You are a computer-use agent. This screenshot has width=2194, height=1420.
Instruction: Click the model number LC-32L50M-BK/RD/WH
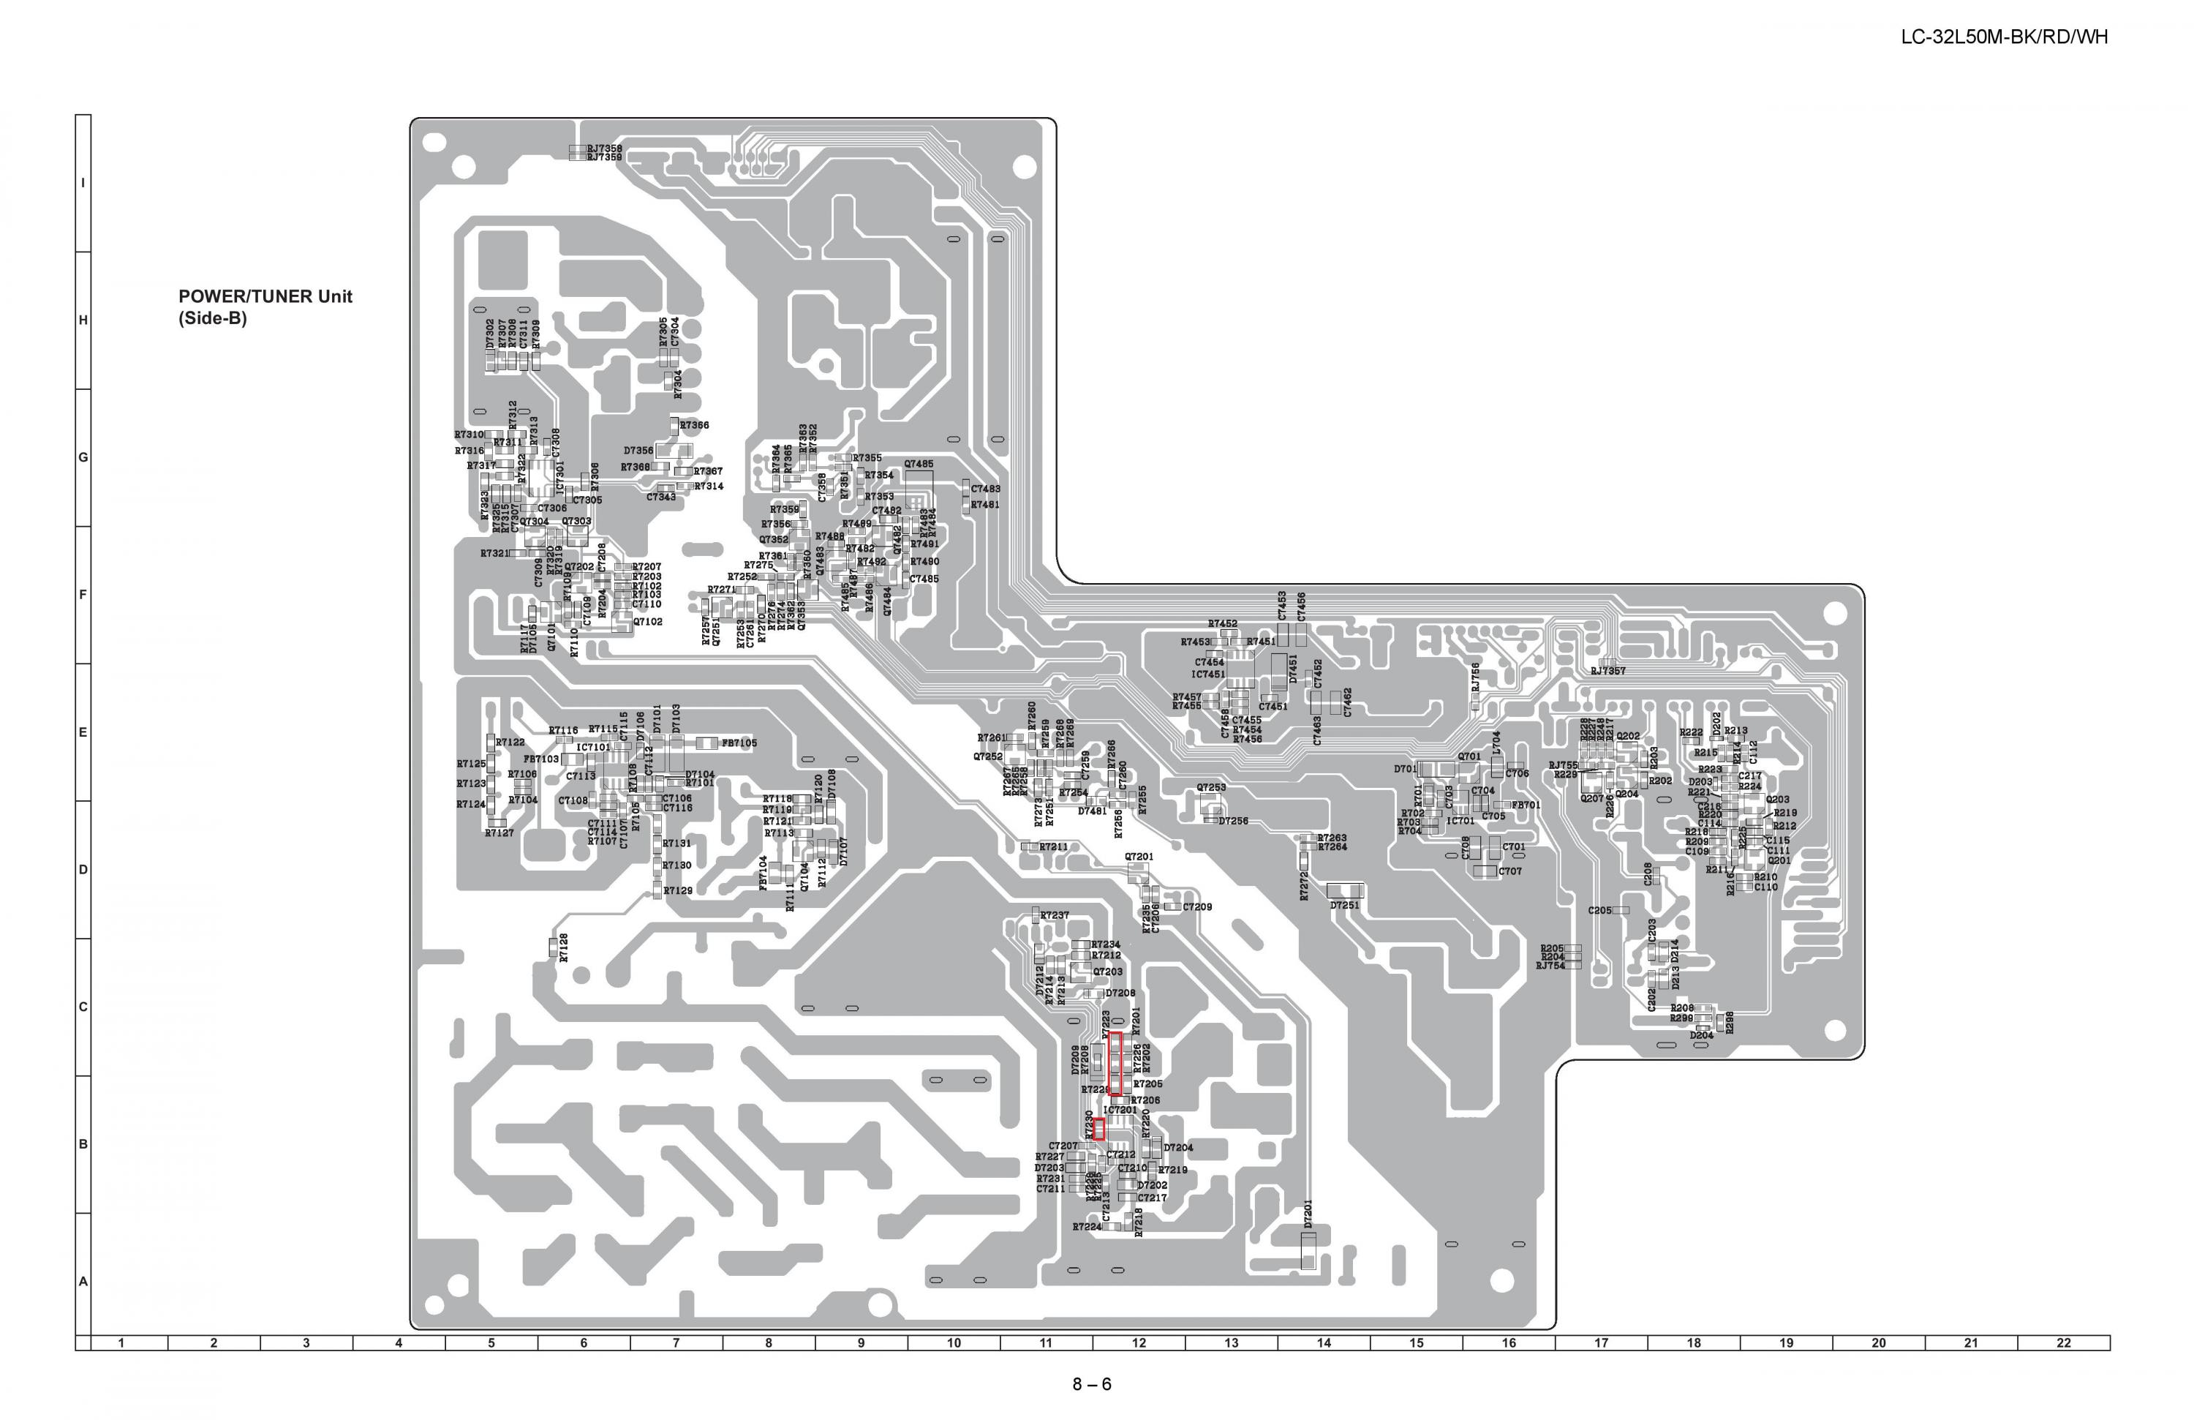coord(2004,37)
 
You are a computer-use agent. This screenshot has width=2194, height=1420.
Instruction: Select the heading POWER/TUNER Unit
coord(265,296)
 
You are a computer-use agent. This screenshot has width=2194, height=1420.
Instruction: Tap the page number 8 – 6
coord(1091,1384)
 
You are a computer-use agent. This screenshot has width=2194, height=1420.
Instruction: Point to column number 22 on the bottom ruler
coord(2063,1342)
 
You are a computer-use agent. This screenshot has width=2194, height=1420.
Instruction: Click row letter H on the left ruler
coord(83,320)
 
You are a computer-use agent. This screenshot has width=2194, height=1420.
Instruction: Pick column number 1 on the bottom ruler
coord(121,1342)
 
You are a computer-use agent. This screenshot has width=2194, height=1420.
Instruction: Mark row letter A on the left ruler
coord(83,1281)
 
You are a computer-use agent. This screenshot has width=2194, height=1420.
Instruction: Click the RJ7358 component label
coord(605,148)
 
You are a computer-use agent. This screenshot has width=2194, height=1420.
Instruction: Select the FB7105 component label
coord(739,743)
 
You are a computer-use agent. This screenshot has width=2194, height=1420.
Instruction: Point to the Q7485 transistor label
coord(918,464)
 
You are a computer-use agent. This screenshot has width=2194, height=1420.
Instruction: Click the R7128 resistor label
coord(563,947)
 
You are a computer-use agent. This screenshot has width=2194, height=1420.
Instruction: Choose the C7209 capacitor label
coord(1197,906)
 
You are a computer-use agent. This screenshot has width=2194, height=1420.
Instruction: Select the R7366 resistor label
coord(694,425)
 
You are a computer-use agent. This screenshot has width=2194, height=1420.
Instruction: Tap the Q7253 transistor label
coord(1211,787)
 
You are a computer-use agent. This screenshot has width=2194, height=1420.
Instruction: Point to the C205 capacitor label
coord(1599,910)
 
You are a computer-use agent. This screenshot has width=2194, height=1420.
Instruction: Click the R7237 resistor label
coord(1055,914)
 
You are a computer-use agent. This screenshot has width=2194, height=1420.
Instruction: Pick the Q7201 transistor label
coord(1139,857)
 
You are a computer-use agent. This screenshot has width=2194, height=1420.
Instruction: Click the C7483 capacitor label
coord(985,489)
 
